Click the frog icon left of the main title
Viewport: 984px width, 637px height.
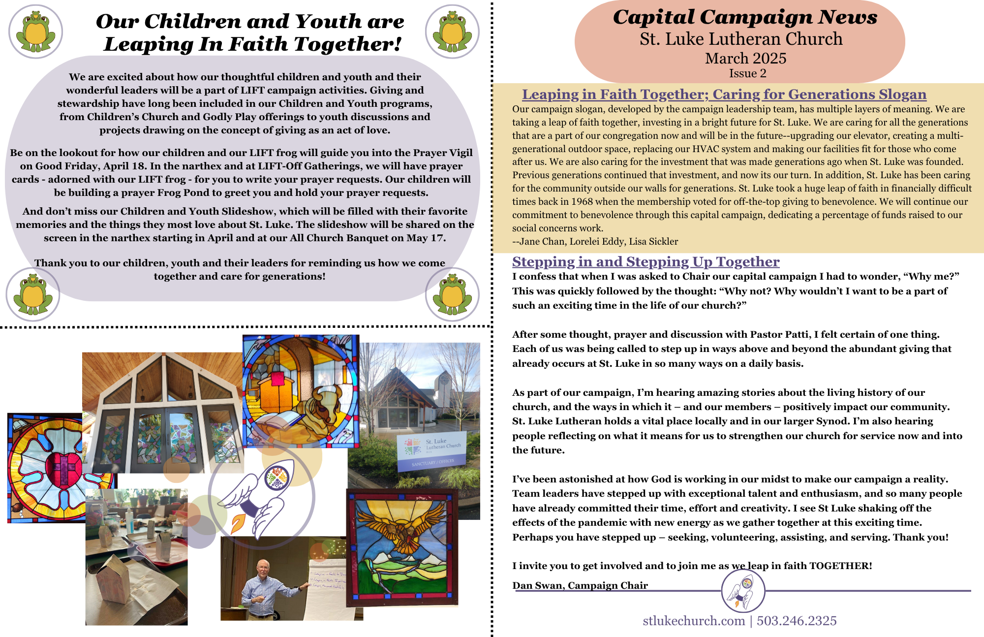[x=35, y=32]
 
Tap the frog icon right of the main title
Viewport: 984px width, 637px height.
[x=452, y=32]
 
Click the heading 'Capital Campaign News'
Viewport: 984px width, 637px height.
[x=745, y=17]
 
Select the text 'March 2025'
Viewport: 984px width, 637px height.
[x=745, y=58]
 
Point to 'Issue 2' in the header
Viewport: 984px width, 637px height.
[x=747, y=73]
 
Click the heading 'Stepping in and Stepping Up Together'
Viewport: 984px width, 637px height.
[x=646, y=261]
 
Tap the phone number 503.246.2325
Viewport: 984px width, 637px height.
[x=797, y=621]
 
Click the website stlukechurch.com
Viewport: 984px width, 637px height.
[x=694, y=621]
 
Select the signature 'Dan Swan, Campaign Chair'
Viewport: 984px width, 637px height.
[x=580, y=585]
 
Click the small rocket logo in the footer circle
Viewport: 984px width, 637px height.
[x=743, y=591]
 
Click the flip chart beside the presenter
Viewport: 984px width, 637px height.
[x=327, y=586]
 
